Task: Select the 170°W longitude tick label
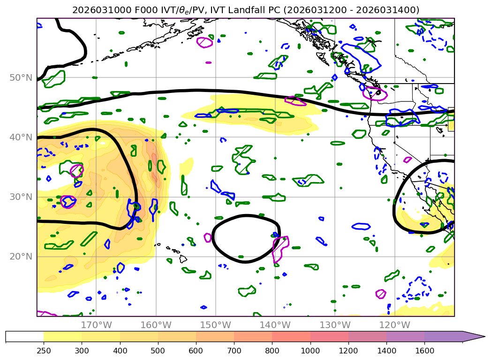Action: (x=96, y=325)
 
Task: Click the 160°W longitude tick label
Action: (x=156, y=325)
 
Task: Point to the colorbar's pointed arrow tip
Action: (x=484, y=336)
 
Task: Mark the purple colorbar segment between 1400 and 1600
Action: (x=405, y=336)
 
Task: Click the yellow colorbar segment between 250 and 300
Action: (x=62, y=336)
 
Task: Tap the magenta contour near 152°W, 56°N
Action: (x=204, y=42)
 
